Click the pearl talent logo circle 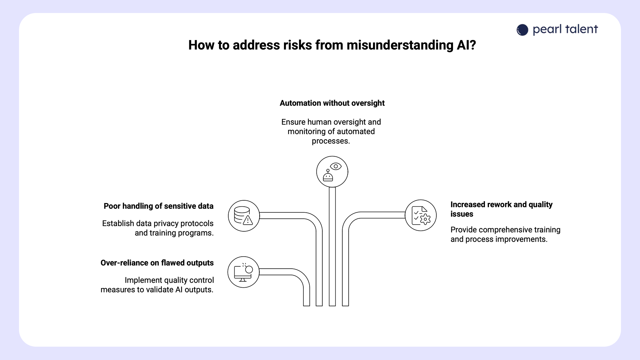coord(522,30)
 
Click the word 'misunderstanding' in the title coord(400,45)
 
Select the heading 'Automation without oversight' coord(332,103)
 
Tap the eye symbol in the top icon coord(336,166)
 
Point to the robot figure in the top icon coord(328,176)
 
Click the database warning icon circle coord(244,216)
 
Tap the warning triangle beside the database coord(248,220)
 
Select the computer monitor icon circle coord(243,272)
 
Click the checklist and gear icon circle coord(421,215)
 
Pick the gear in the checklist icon coord(425,219)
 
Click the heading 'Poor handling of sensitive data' coord(158,206)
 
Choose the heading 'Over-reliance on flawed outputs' coord(157,263)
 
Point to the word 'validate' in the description coord(160,290)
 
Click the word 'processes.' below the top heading coord(331,141)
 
